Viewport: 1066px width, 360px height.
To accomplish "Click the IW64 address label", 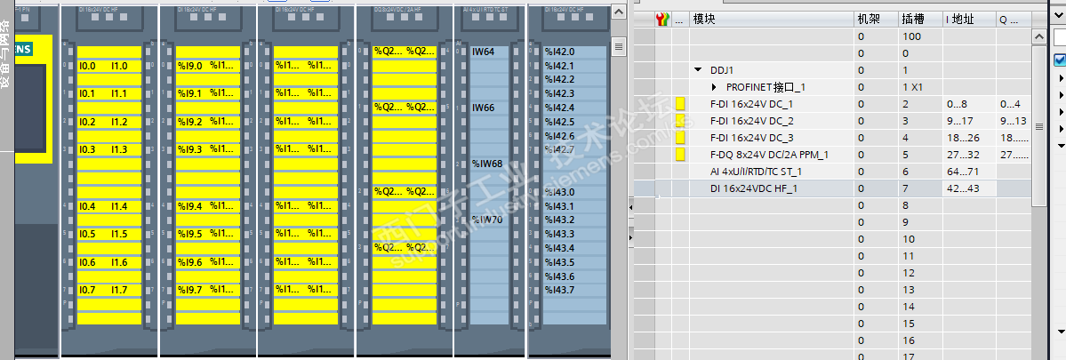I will [x=483, y=52].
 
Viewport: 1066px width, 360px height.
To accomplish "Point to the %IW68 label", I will [x=486, y=164].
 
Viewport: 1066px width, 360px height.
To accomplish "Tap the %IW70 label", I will [x=486, y=220].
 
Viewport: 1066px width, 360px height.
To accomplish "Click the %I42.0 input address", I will [x=559, y=52].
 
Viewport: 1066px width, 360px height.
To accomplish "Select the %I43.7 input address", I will [x=559, y=290].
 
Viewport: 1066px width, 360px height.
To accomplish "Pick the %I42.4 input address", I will [x=559, y=108].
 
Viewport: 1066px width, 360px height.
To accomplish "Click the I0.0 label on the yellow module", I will [x=87, y=66].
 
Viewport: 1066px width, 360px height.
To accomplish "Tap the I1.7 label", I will [x=119, y=290].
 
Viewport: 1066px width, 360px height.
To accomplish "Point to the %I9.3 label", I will [x=189, y=149].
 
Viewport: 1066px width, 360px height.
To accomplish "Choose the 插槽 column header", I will [x=912, y=20].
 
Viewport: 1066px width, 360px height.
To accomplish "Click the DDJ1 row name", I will [x=722, y=70].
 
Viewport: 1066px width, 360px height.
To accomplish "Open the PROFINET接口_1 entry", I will [x=765, y=87].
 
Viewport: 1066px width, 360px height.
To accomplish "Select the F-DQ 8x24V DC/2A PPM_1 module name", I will [x=769, y=155].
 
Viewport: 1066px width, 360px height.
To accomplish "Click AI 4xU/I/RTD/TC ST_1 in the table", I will [x=756, y=172].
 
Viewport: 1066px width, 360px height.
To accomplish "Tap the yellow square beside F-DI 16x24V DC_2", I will [x=681, y=121].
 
